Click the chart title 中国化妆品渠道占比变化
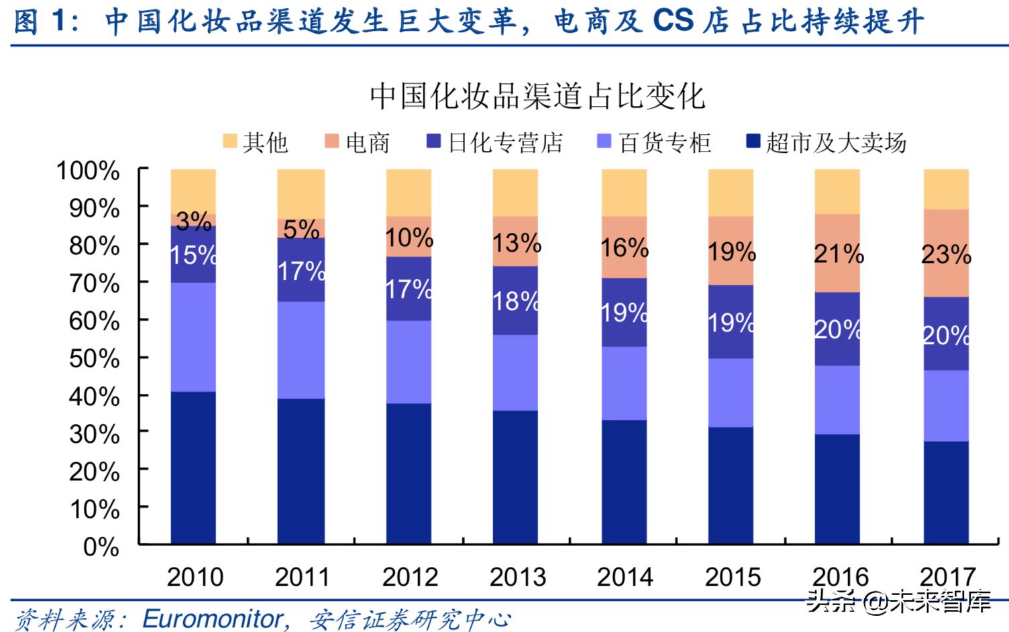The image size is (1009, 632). click(537, 96)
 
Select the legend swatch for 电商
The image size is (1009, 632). click(331, 141)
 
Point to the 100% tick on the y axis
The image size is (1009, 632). click(88, 170)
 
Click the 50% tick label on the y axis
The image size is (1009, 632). click(94, 359)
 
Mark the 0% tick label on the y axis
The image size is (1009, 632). click(101, 547)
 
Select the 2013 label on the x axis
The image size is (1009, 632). click(517, 577)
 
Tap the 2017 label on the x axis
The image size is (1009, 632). click(947, 577)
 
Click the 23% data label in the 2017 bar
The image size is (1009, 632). click(946, 254)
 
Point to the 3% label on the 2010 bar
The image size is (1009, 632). click(193, 221)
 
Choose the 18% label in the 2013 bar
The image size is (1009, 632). click(516, 301)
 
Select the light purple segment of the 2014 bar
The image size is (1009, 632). click(624, 383)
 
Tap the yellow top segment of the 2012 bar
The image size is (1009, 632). click(409, 192)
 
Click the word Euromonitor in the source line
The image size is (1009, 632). click(213, 619)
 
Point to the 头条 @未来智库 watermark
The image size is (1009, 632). click(899, 601)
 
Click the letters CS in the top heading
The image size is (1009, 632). click(673, 21)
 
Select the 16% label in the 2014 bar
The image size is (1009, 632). click(624, 248)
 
